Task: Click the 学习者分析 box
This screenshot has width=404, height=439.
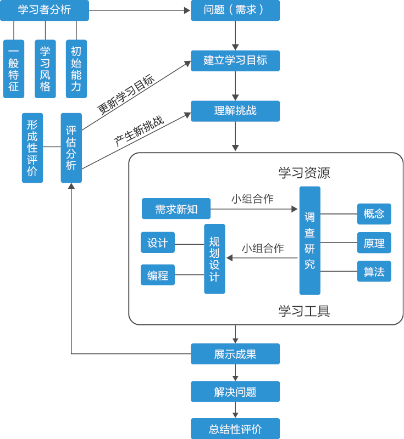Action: [45, 10]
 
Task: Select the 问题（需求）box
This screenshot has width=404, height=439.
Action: [235, 10]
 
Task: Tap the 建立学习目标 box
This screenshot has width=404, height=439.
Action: [235, 61]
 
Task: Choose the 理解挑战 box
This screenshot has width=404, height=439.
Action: [235, 111]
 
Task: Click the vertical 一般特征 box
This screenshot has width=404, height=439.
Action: [14, 69]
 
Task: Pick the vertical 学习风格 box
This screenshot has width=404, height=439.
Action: [45, 69]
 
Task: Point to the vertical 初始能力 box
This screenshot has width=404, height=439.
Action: [76, 69]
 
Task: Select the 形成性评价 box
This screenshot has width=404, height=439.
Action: [32, 148]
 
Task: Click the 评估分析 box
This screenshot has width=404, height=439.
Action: [71, 148]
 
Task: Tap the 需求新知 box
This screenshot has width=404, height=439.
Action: [176, 209]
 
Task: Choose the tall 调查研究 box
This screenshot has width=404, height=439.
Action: [309, 240]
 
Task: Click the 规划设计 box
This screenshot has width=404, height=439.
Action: [214, 258]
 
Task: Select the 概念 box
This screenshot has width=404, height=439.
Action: [374, 214]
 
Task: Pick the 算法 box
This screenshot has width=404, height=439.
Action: [374, 271]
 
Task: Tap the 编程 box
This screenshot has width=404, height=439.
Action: [158, 275]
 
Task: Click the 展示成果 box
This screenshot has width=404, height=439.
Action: [235, 354]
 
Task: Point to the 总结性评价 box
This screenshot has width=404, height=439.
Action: [235, 429]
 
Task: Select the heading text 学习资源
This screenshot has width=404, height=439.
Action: [304, 173]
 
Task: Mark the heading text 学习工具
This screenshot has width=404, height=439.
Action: [304, 311]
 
